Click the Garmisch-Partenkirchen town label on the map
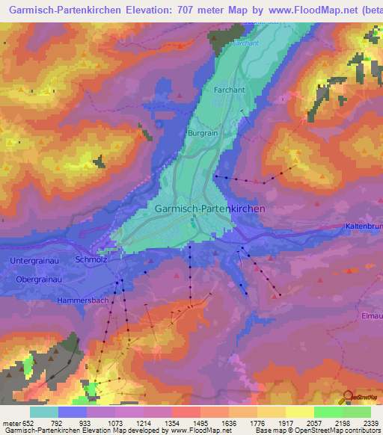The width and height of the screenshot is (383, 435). pos(209,210)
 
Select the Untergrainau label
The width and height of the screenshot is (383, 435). pos(36,260)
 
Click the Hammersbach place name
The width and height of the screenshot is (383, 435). pos(84,300)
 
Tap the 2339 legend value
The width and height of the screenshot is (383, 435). pos(370,422)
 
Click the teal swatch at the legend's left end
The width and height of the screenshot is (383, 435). pos(43,411)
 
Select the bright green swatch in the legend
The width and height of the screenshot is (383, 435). pos(328,411)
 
